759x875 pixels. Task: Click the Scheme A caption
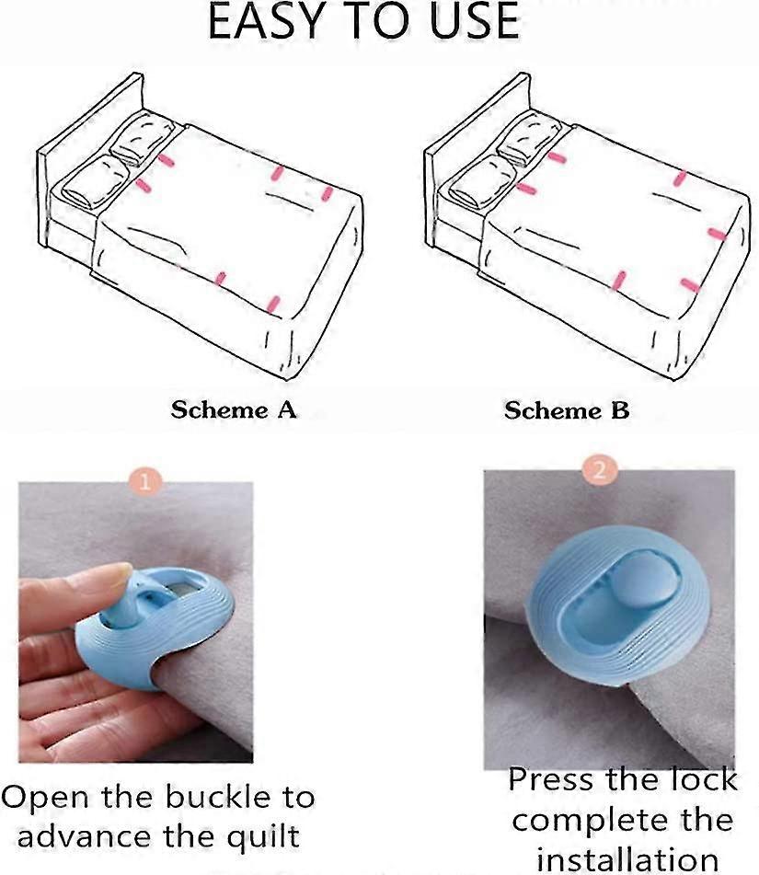click(x=234, y=409)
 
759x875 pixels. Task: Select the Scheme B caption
click(x=567, y=410)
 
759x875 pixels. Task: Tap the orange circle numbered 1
click(x=144, y=480)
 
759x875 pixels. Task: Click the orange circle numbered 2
click(x=600, y=470)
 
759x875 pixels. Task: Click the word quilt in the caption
click(x=264, y=836)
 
